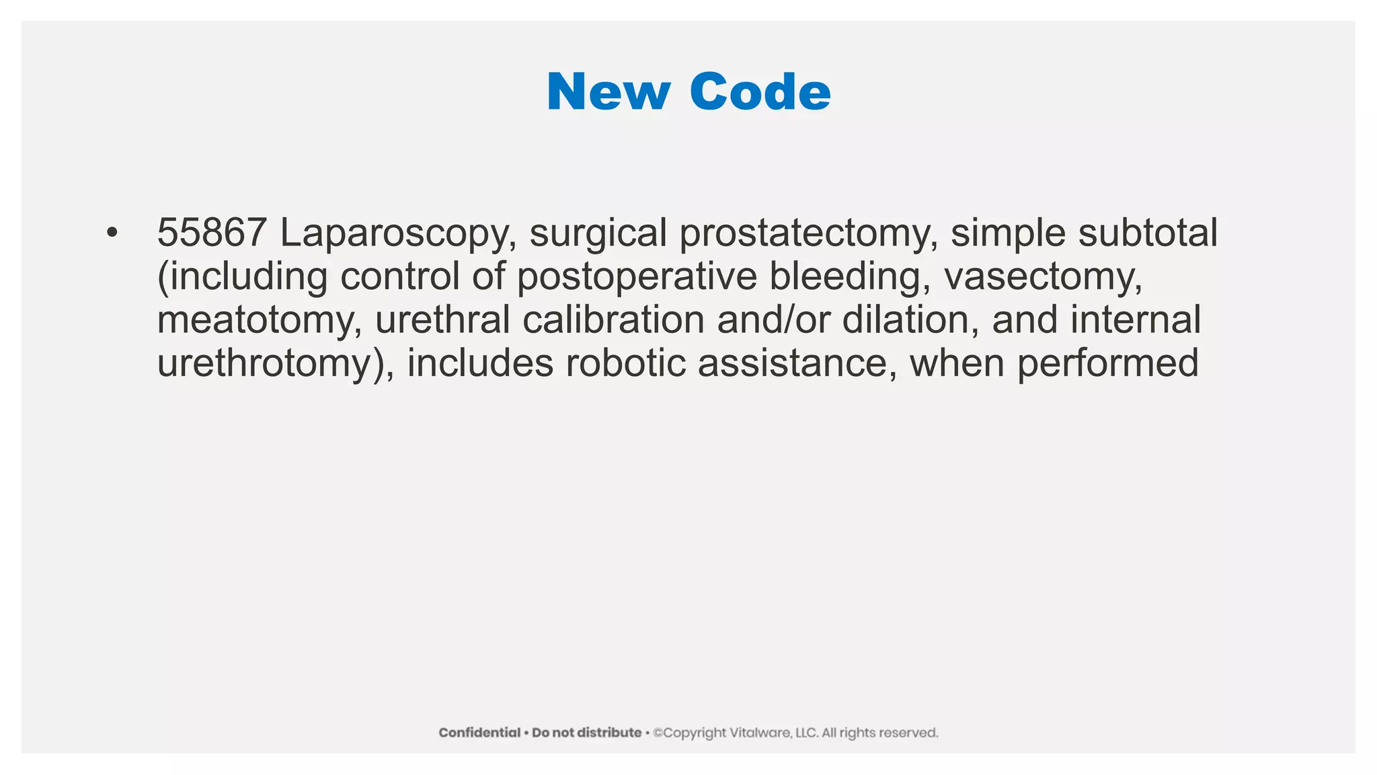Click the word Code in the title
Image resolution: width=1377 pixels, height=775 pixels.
[760, 92]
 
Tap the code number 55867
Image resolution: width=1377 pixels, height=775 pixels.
[212, 233]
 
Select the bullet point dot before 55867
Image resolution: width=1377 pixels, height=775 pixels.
[112, 233]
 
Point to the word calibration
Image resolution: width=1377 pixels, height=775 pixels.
[613, 320]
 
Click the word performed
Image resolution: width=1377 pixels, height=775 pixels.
[1107, 364]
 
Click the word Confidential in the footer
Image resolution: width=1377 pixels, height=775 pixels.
[479, 733]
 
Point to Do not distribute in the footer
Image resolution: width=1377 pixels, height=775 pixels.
[586, 733]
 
